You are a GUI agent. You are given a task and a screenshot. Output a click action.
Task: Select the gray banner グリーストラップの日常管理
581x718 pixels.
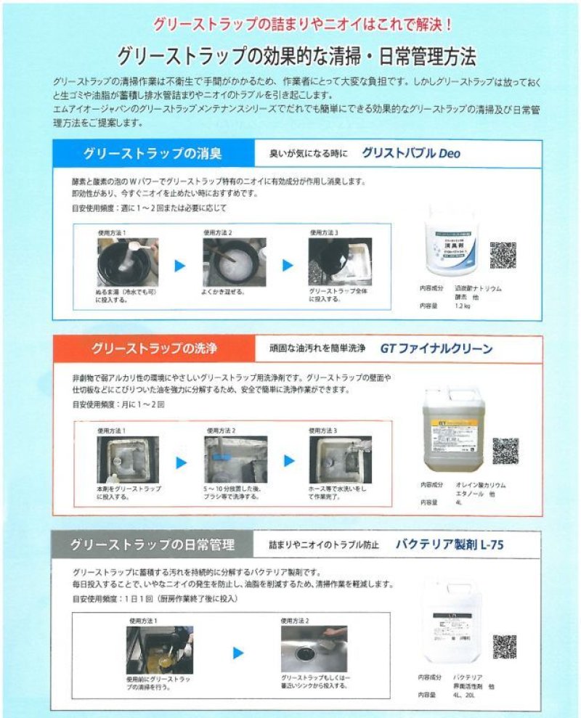tap(153, 544)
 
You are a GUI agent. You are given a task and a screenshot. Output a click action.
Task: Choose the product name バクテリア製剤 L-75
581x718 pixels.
tap(450, 544)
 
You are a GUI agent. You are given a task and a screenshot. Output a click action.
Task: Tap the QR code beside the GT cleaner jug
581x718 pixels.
tap(505, 451)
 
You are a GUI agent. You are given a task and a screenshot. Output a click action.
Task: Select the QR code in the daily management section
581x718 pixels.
tap(504, 646)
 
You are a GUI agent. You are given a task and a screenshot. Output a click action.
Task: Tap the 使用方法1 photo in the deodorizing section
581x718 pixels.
tap(128, 262)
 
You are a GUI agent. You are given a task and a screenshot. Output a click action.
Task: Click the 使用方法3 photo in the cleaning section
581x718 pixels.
tap(340, 459)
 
